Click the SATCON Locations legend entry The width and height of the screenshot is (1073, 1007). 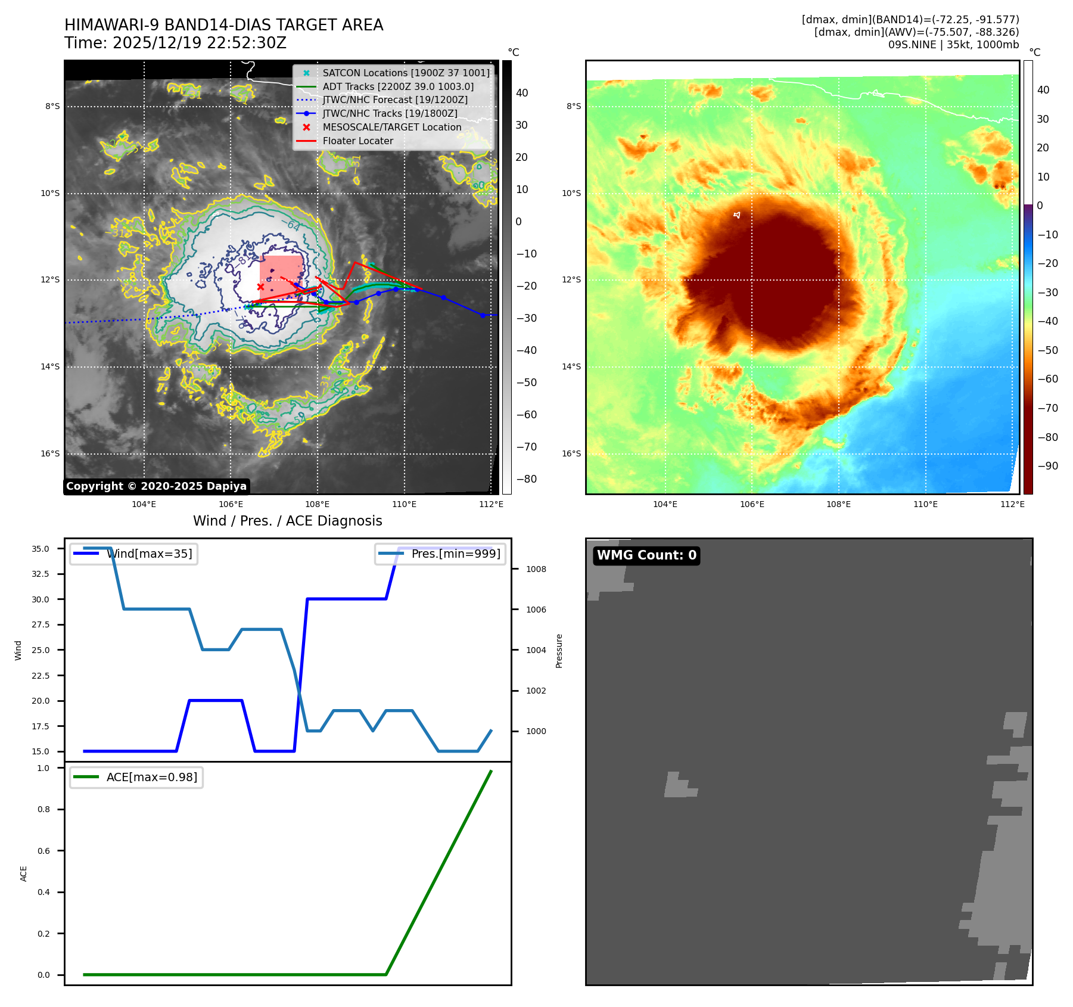point(406,73)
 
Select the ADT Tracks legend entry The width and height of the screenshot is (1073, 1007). point(398,86)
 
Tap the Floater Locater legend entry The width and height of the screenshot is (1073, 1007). point(357,141)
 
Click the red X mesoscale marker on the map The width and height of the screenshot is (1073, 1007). point(260,287)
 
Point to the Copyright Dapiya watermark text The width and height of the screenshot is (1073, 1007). point(156,486)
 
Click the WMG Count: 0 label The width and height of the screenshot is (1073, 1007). point(646,555)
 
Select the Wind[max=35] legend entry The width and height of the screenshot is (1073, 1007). point(149,554)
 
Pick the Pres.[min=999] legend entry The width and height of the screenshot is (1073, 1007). point(456,554)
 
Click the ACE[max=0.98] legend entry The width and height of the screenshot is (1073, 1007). point(151,777)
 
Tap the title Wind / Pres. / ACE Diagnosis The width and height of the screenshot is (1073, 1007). point(288,521)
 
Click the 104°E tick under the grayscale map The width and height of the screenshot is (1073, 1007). point(144,504)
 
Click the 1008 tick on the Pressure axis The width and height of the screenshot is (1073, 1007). point(536,569)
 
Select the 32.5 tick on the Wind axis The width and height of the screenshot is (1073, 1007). point(41,574)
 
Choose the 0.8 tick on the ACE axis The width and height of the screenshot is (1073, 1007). point(43,809)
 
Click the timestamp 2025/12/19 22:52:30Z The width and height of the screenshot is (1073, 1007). point(199,43)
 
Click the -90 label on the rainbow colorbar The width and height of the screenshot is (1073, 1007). point(1047,466)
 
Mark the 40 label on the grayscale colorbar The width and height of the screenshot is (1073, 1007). point(522,92)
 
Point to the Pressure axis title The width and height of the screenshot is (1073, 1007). point(559,651)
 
